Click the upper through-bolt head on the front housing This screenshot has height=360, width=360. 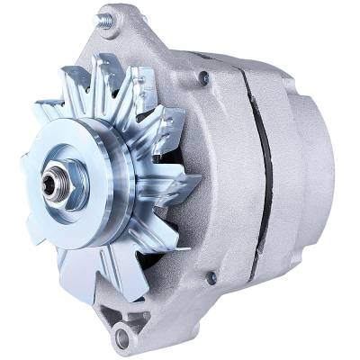(204, 79)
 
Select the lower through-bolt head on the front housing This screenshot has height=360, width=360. (211, 278)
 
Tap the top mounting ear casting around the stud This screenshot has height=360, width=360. (121, 36)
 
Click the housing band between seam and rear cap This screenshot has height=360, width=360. (283, 171)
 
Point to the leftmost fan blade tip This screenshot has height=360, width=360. (25, 162)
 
